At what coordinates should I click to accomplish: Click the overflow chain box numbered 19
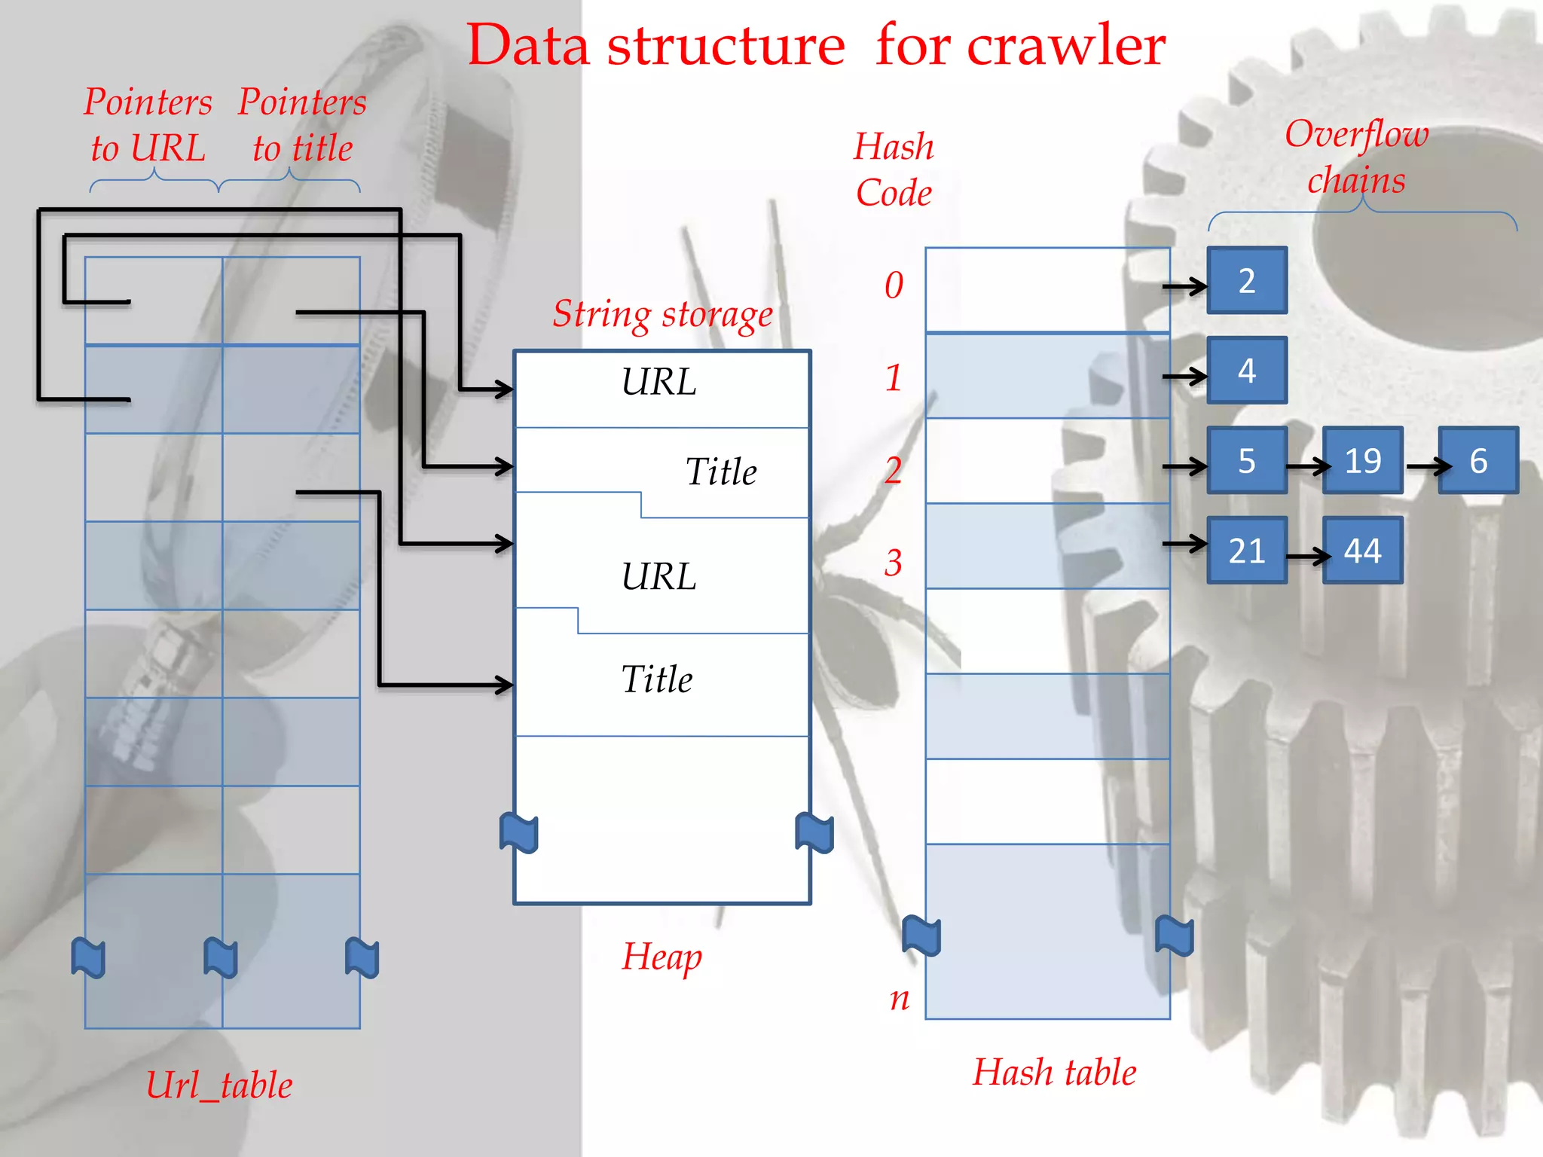pos(1362,460)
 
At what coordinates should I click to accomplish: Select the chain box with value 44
pos(1362,551)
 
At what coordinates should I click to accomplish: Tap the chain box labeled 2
pos(1247,280)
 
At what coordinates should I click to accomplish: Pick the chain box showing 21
pos(1247,551)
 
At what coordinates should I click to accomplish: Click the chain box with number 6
pos(1478,460)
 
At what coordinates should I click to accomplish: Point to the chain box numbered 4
pos(1247,370)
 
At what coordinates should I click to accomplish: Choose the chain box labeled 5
pos(1247,460)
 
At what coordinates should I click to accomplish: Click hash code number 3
pos(894,563)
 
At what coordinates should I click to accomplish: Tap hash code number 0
pos(894,285)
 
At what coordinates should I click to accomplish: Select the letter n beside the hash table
pos(900,999)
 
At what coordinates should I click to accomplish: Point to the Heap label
pos(662,957)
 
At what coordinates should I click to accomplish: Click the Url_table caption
pos(219,1085)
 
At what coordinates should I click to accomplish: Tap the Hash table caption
pos(1054,1072)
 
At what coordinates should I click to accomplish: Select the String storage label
pos(662,314)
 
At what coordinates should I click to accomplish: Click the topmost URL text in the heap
pos(658,382)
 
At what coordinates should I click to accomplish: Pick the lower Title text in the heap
pos(656,679)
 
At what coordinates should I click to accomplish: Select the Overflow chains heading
pos(1356,157)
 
